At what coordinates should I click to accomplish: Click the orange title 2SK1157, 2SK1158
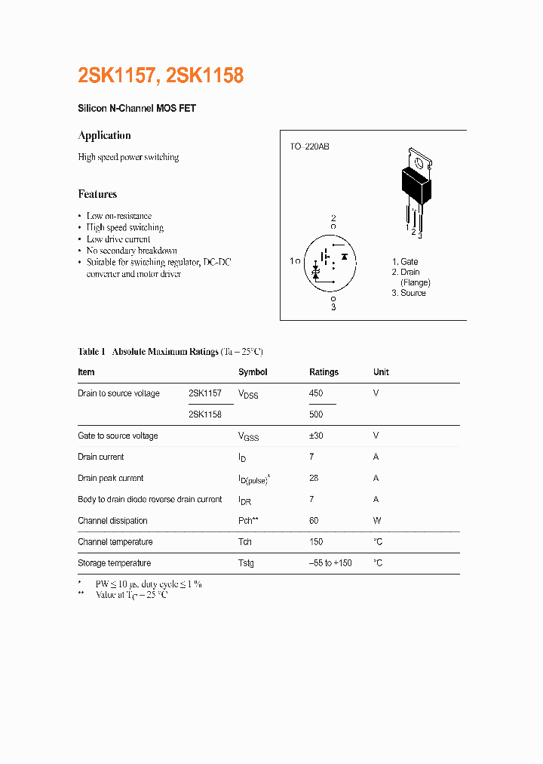click(161, 75)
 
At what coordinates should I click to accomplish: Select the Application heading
click(104, 135)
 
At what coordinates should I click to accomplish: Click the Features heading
click(97, 194)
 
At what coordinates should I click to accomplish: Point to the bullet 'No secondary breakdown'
click(131, 251)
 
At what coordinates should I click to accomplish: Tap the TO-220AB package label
click(309, 146)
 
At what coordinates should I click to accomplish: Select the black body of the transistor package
click(416, 186)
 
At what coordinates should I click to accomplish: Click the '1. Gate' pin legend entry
click(405, 262)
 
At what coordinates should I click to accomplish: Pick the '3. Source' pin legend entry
click(408, 293)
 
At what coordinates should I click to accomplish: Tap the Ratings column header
click(324, 372)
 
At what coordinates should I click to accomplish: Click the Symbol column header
click(253, 372)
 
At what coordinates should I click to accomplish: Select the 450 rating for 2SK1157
click(316, 393)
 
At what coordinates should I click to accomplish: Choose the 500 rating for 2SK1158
click(316, 414)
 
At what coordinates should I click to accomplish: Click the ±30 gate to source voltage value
click(318, 436)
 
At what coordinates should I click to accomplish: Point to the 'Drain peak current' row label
click(110, 478)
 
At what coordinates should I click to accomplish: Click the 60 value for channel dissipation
click(314, 520)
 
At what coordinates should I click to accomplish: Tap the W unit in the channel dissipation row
click(377, 520)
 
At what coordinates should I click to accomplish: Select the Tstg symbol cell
click(246, 563)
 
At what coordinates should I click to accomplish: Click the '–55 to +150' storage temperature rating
click(330, 563)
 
